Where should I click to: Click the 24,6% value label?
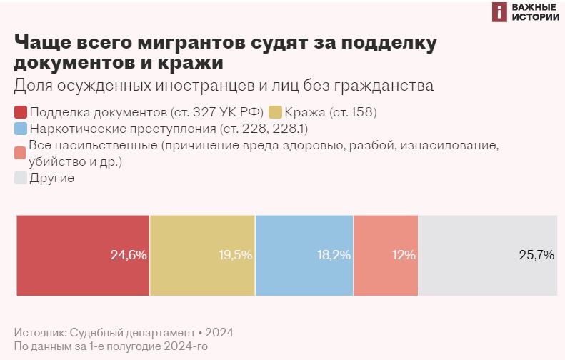click(129, 255)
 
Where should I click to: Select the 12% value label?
click(404, 255)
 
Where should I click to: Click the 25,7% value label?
click(536, 255)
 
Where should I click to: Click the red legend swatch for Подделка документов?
click(21, 112)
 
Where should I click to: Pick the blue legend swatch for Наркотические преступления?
click(21, 129)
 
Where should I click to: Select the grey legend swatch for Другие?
click(21, 178)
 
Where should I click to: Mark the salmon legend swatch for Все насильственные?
click(21, 154)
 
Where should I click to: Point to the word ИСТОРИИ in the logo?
click(536, 18)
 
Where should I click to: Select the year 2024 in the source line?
click(220, 333)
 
